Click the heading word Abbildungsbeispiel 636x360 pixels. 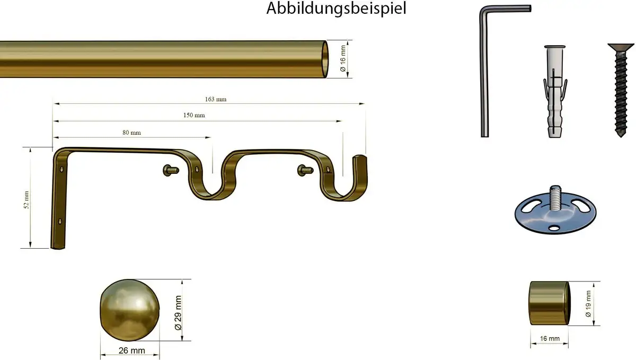337,8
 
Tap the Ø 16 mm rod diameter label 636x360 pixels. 343,58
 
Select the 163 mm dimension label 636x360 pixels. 216,99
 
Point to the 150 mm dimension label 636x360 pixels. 194,115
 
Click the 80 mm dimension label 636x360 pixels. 131,133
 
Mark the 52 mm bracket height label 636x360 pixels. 26,200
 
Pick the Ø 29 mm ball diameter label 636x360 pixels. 178,313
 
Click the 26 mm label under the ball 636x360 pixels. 131,350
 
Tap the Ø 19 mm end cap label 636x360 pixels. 588,303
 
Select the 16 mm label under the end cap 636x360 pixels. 550,338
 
